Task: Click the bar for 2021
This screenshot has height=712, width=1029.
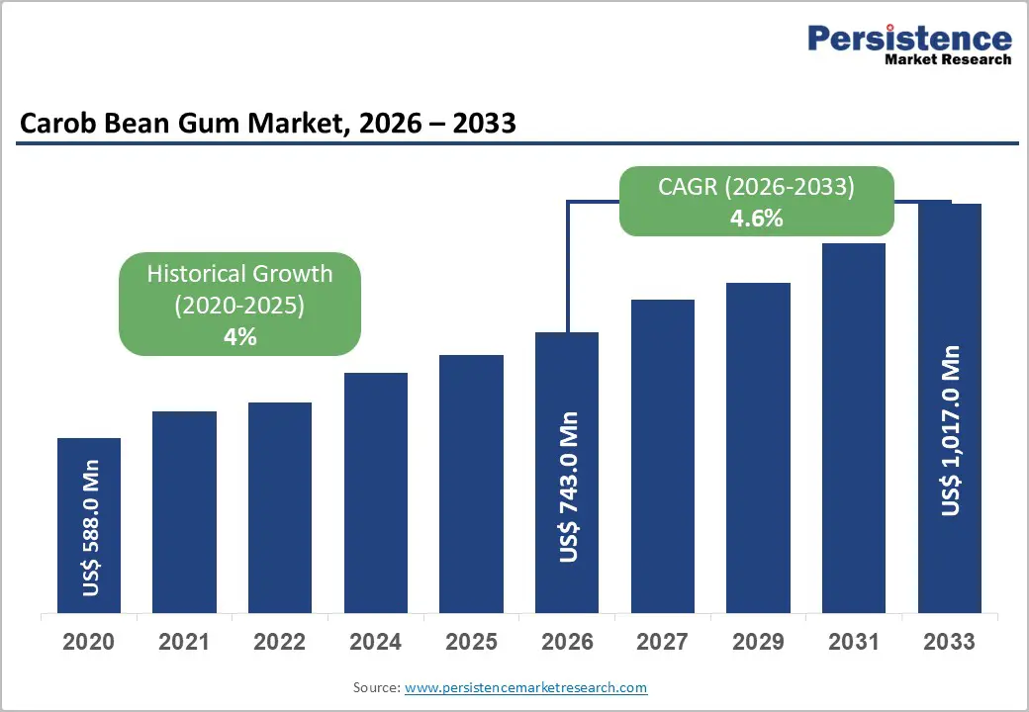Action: pyautogui.click(x=184, y=512)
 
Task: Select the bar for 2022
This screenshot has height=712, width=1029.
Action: pyautogui.click(x=280, y=507)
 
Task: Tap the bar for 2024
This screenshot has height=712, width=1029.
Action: pyautogui.click(x=376, y=492)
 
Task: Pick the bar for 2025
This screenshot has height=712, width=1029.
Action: pyautogui.click(x=471, y=484)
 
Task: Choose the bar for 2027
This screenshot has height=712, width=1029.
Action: pyautogui.click(x=662, y=456)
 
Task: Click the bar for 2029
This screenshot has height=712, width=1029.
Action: pyautogui.click(x=758, y=448)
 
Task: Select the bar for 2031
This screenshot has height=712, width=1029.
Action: pyautogui.click(x=854, y=428)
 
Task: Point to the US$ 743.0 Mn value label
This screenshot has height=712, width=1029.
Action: pyautogui.click(x=568, y=488)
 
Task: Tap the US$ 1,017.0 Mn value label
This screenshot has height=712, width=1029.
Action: pyautogui.click(x=951, y=430)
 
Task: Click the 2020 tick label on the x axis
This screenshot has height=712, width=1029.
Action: pyautogui.click(x=89, y=642)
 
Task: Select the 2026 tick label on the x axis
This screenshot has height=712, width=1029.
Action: pyautogui.click(x=567, y=642)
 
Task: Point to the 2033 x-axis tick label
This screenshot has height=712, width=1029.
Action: pyautogui.click(x=950, y=642)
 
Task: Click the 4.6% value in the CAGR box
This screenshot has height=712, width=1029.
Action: pyautogui.click(x=756, y=219)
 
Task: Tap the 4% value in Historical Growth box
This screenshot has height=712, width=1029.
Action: pyautogui.click(x=239, y=337)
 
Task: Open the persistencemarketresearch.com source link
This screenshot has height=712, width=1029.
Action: pyautogui.click(x=525, y=687)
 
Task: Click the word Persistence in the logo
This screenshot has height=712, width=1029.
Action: pyautogui.click(x=909, y=39)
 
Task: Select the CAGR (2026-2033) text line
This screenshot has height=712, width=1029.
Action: pyautogui.click(x=756, y=187)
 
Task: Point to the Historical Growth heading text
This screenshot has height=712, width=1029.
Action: pyautogui.click(x=239, y=274)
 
